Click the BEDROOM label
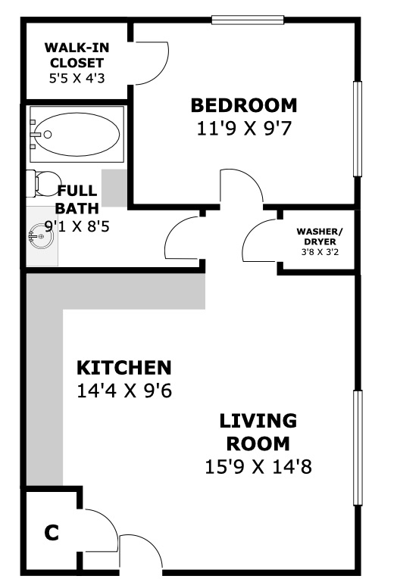pyautogui.click(x=244, y=105)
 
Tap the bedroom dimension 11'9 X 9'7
pyautogui.click(x=244, y=129)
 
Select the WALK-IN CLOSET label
pyautogui.click(x=77, y=55)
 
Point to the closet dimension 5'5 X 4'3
pyautogui.click(x=77, y=78)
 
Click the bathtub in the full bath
pyautogui.click(x=77, y=135)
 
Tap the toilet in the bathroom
pyautogui.click(x=40, y=183)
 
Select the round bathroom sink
pyautogui.click(x=41, y=236)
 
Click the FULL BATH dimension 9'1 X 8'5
pyautogui.click(x=77, y=226)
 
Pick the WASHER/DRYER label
pyautogui.click(x=320, y=237)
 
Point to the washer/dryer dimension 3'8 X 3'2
pyautogui.click(x=320, y=253)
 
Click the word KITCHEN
pyautogui.click(x=124, y=368)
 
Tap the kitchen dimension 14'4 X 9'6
pyautogui.click(x=124, y=391)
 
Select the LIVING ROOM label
pyautogui.click(x=258, y=432)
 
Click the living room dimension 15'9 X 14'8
pyautogui.click(x=258, y=467)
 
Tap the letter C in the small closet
pyautogui.click(x=52, y=533)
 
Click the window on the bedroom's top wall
pyautogui.click(x=248, y=20)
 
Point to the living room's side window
pyautogui.click(x=358, y=447)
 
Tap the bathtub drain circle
pyautogui.click(x=47, y=135)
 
